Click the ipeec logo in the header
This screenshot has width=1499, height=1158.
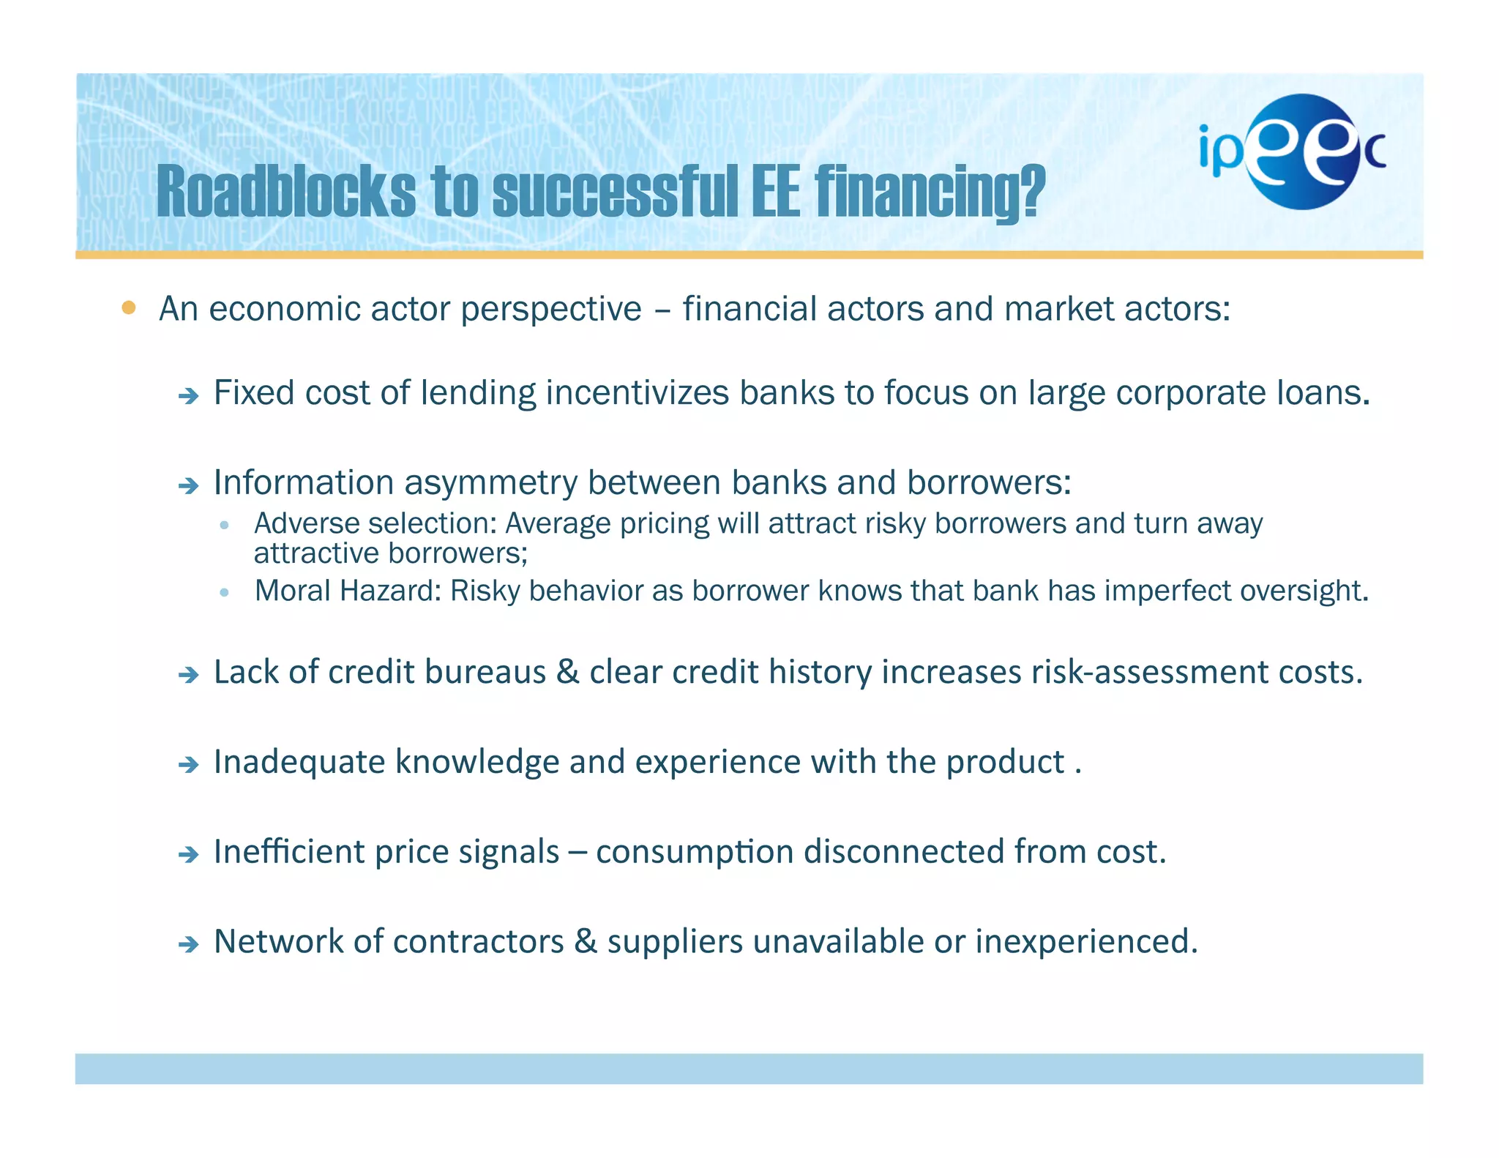pos(1292,152)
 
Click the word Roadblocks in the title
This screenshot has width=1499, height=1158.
pos(285,192)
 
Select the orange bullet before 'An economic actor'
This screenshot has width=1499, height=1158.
pos(129,307)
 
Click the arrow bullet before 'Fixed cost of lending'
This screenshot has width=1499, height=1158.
pos(189,397)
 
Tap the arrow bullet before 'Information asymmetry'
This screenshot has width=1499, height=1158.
pos(189,485)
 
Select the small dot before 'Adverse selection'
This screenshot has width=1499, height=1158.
pos(225,525)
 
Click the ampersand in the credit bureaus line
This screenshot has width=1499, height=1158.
pos(567,672)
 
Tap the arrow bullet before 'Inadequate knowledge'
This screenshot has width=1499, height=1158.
pos(189,766)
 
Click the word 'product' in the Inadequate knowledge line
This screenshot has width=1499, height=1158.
pos(1004,763)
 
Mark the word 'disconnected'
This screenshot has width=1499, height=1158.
pos(903,851)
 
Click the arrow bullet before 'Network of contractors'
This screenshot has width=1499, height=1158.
pos(189,944)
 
